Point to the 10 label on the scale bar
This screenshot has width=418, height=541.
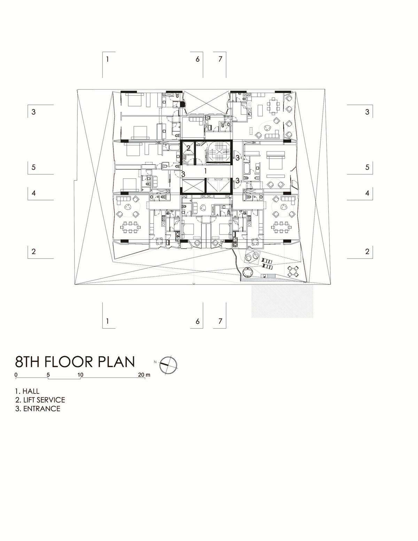(80, 375)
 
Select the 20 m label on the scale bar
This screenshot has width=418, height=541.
(145, 375)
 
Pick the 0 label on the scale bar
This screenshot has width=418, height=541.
(16, 375)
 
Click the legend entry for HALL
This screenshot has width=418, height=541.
(27, 391)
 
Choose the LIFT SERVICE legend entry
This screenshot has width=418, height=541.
(40, 400)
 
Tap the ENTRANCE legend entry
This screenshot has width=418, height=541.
(38, 409)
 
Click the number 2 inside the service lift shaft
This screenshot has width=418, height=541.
(188, 148)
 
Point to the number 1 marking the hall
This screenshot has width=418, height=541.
(206, 171)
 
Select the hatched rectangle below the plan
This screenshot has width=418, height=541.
(282, 301)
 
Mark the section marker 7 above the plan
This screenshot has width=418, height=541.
(220, 59)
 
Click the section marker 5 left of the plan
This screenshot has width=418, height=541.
(33, 167)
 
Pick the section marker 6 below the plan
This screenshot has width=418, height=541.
(198, 321)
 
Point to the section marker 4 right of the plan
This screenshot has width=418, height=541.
(367, 193)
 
